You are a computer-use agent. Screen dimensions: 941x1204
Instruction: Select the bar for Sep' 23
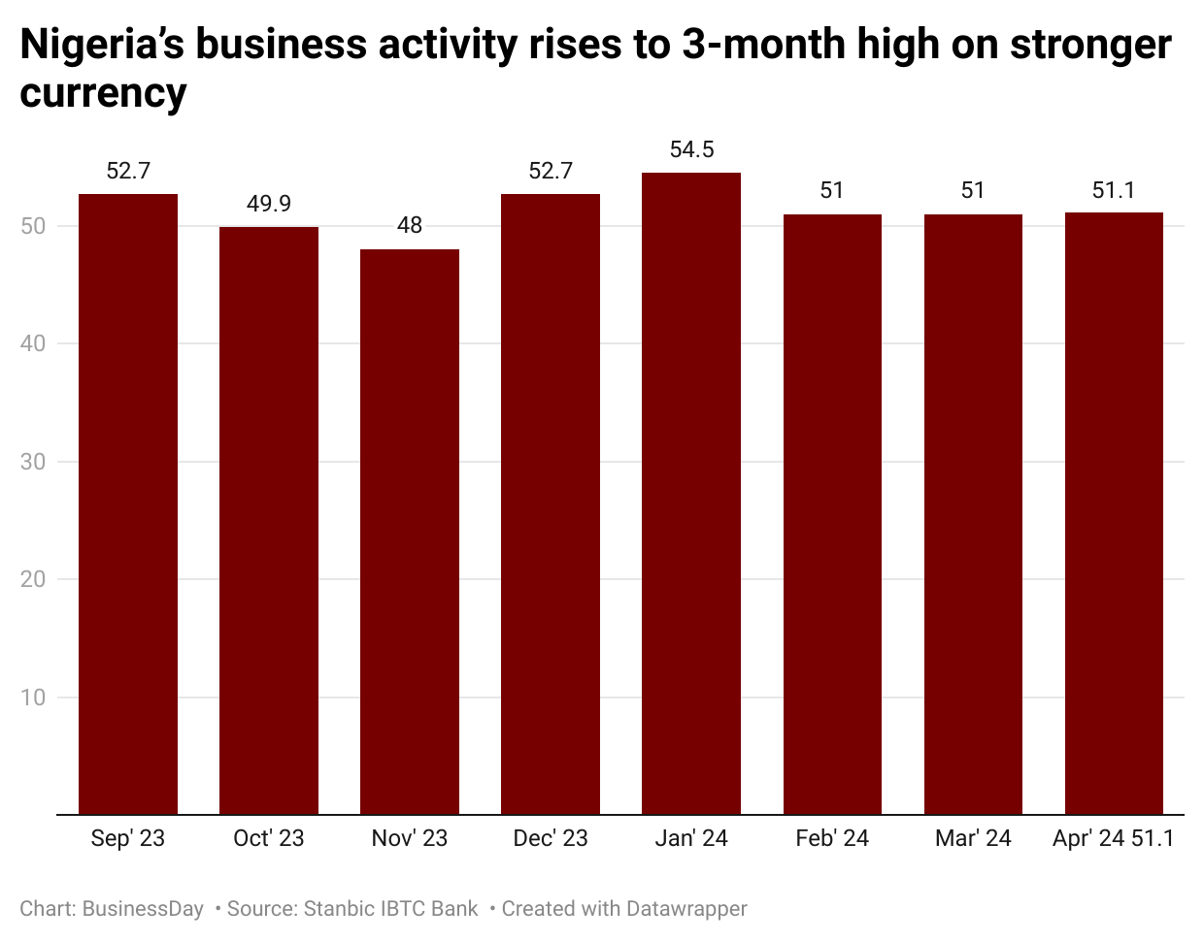[x=128, y=504]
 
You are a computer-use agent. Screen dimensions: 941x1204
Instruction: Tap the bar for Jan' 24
[x=691, y=494]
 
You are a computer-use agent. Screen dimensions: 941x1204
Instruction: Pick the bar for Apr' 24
[x=1114, y=513]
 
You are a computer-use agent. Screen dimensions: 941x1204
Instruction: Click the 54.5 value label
[x=691, y=149]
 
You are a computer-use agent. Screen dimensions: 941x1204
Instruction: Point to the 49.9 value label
[x=269, y=204]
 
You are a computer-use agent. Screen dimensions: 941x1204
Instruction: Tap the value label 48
[x=410, y=225]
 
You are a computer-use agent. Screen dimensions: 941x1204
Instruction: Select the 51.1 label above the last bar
[x=1114, y=190]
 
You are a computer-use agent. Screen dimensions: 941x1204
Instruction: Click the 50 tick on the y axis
[x=33, y=226]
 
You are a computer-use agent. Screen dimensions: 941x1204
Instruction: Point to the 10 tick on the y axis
[x=33, y=698]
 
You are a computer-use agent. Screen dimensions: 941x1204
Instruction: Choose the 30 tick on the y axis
[x=33, y=462]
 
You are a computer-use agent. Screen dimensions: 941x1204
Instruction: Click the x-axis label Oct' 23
[x=269, y=838]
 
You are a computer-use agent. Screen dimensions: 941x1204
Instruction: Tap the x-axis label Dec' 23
[x=551, y=838]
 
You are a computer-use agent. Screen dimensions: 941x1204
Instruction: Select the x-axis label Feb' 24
[x=832, y=838]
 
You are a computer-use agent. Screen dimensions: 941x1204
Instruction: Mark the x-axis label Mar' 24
[x=973, y=838]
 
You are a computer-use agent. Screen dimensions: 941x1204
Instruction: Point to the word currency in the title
[x=103, y=93]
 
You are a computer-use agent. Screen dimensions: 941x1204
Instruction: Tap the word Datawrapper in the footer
[x=686, y=909]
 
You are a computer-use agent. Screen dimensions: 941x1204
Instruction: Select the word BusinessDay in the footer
[x=143, y=909]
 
